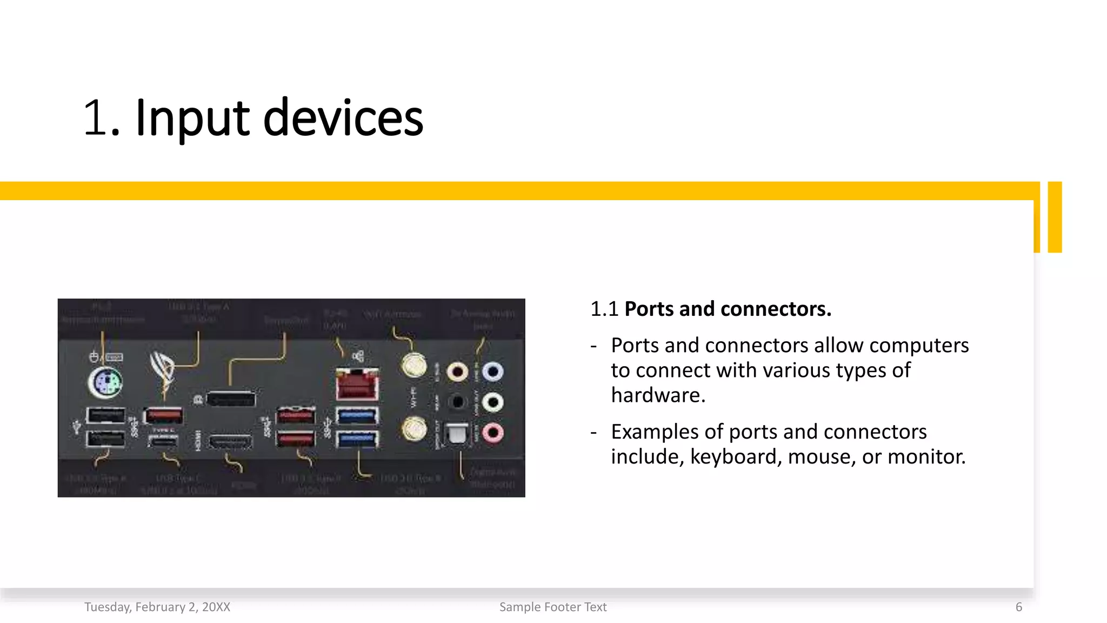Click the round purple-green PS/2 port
105,383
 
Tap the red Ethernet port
357,385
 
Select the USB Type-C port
163,441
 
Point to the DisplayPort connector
231,400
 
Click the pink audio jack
492,433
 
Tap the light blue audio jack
492,372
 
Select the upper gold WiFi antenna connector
414,365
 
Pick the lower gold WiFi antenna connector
414,430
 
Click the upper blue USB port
357,415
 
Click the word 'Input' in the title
192,117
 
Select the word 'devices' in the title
343,117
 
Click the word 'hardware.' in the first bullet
658,395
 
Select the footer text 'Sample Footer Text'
553,607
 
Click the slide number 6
1019,607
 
